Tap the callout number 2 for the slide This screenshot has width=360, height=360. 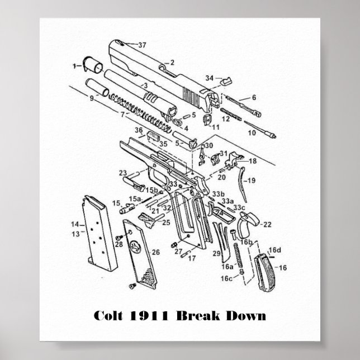[x=172, y=63]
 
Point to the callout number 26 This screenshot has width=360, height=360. [x=156, y=253]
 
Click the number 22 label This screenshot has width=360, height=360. [x=267, y=224]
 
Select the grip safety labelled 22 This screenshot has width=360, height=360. [x=248, y=225]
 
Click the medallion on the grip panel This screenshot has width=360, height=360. [x=135, y=247]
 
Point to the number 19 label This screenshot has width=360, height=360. [x=251, y=181]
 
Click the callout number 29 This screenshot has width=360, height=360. [x=214, y=254]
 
